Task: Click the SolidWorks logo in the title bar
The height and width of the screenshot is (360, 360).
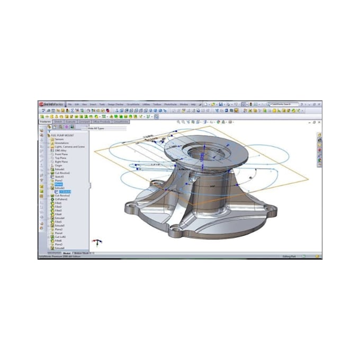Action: tap(51, 104)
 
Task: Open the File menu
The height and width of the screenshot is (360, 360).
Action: tap(69, 104)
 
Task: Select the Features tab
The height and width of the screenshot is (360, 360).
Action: tap(45, 122)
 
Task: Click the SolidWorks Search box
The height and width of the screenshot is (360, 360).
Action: tap(286, 104)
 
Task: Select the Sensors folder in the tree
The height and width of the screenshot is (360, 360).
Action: tap(59, 139)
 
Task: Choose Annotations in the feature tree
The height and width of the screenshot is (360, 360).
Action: tap(62, 143)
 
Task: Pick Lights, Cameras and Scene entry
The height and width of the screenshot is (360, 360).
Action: tap(69, 147)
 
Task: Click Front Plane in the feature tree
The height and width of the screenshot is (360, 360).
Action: tap(61, 154)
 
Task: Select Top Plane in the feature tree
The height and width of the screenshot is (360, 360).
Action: tap(60, 158)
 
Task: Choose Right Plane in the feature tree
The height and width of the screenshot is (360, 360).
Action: tap(61, 161)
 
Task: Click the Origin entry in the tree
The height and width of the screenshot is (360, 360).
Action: tap(58, 165)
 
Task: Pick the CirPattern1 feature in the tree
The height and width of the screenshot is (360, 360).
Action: tap(62, 199)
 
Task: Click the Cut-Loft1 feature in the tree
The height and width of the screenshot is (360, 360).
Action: tap(60, 237)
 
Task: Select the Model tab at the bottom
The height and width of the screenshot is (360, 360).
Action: tap(67, 253)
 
